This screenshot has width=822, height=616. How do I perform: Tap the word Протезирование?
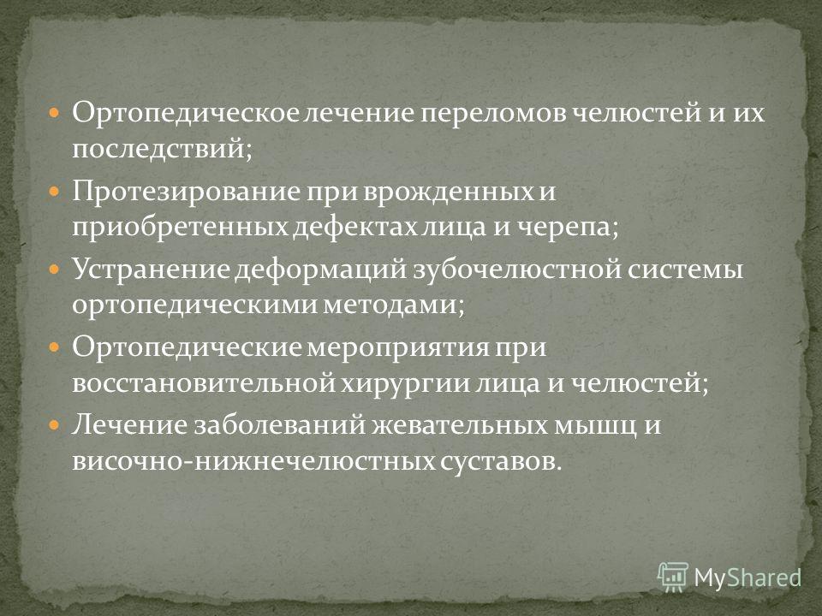186,192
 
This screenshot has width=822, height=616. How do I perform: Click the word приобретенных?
179,228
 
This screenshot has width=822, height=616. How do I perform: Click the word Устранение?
151,269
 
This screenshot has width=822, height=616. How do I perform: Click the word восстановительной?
204,383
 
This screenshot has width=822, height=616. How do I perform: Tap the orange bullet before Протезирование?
55,192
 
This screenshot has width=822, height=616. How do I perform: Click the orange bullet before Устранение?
55,269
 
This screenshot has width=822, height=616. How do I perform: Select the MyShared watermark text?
748,577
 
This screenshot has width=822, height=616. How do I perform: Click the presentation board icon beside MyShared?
673,577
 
